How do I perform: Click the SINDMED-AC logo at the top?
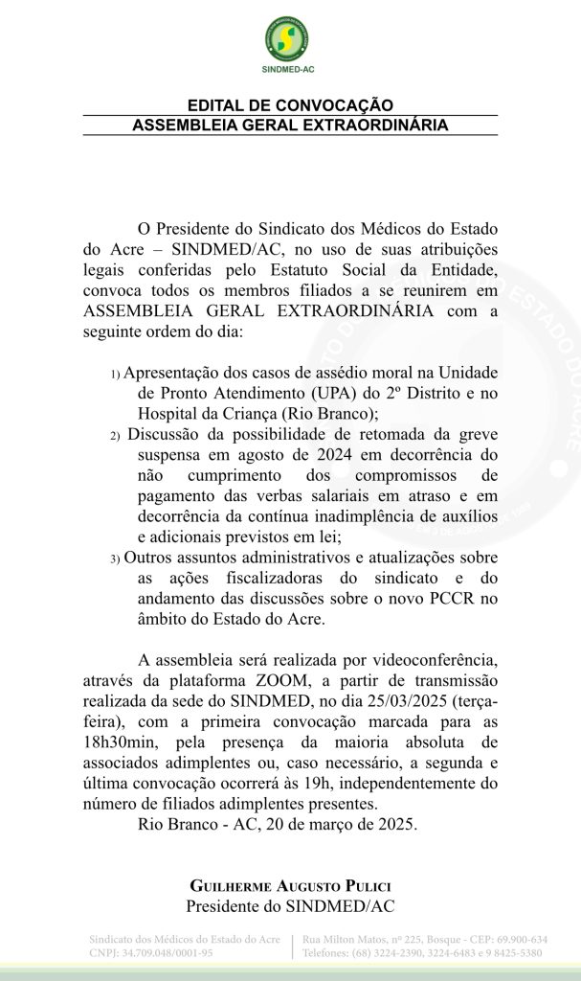click(x=290, y=39)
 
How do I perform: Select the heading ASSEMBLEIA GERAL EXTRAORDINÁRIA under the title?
click(x=290, y=125)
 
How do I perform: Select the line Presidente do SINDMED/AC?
click(x=290, y=905)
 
